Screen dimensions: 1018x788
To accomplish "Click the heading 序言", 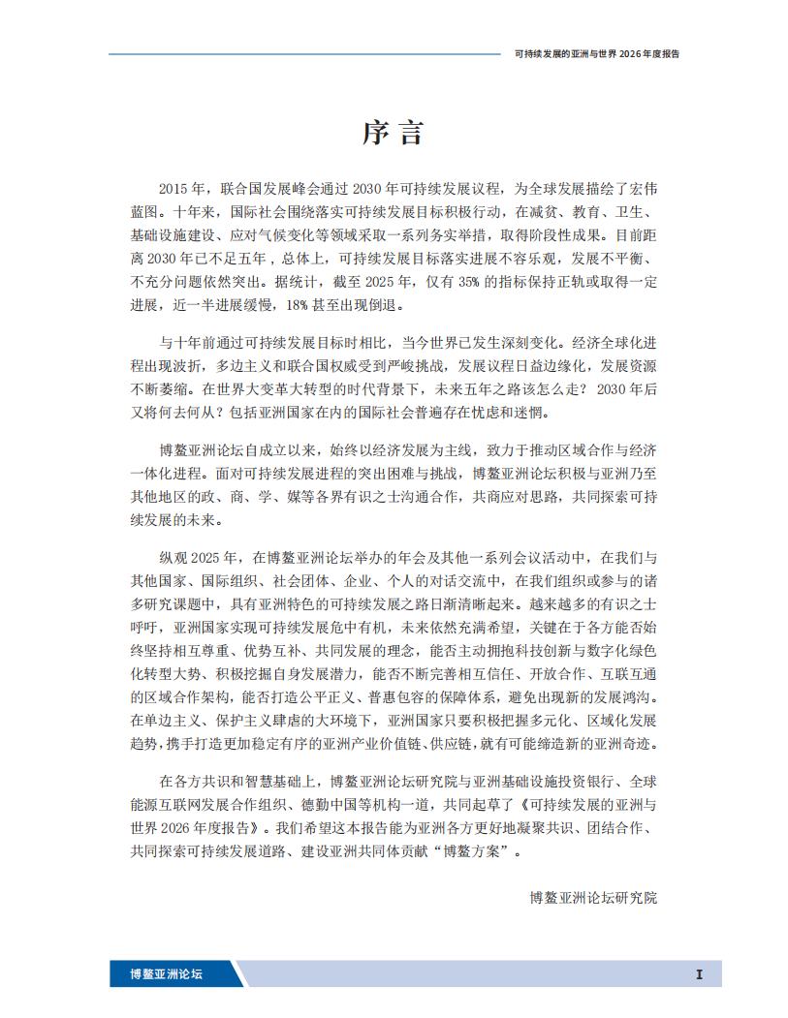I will point(394,133).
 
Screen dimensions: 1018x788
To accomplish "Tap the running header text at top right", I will point(596,54).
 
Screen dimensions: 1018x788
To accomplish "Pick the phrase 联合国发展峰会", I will point(265,188).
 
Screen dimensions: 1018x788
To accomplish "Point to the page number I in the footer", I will point(698,974).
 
